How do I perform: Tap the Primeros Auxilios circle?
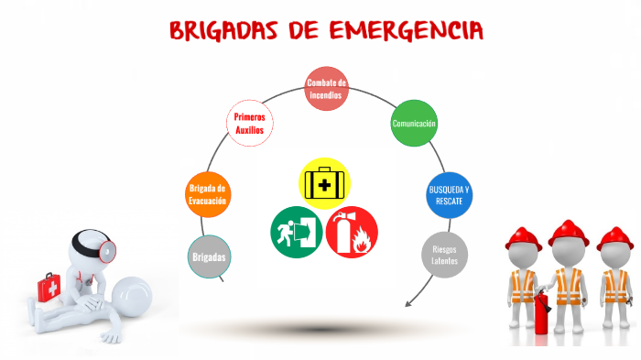(249, 123)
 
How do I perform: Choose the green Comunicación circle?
(413, 124)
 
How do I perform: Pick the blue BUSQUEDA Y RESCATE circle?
(449, 194)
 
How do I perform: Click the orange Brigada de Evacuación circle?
(207, 194)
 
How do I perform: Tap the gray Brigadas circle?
(209, 256)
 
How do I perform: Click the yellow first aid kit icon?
(325, 183)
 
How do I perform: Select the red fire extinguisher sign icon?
(352, 232)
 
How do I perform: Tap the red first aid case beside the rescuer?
(50, 289)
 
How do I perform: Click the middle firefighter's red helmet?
(568, 234)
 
